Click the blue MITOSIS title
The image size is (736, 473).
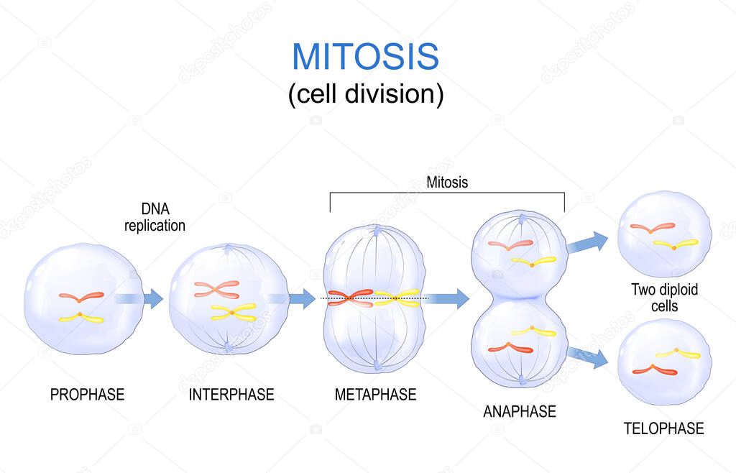click(x=365, y=57)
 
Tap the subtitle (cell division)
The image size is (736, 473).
click(x=366, y=93)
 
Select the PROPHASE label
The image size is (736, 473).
click(x=87, y=395)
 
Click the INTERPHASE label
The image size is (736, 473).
click(x=231, y=395)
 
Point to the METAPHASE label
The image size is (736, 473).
click(x=375, y=395)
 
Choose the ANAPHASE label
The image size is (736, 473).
click(x=520, y=411)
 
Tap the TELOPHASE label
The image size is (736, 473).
click(x=663, y=428)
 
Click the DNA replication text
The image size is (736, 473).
click(x=155, y=217)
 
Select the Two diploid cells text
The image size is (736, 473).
click(x=664, y=298)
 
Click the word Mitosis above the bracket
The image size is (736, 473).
click(x=447, y=182)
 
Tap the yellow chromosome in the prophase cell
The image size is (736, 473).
click(x=80, y=318)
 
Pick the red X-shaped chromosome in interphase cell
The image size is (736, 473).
click(x=216, y=289)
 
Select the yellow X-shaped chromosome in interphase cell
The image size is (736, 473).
click(x=234, y=312)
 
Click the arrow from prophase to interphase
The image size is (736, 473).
click(x=139, y=298)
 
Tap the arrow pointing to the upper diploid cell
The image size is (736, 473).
click(x=588, y=242)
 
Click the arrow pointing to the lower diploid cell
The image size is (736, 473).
click(x=588, y=357)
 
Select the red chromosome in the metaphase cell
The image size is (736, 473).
click(x=351, y=298)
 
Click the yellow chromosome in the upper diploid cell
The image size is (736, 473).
click(x=676, y=244)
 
